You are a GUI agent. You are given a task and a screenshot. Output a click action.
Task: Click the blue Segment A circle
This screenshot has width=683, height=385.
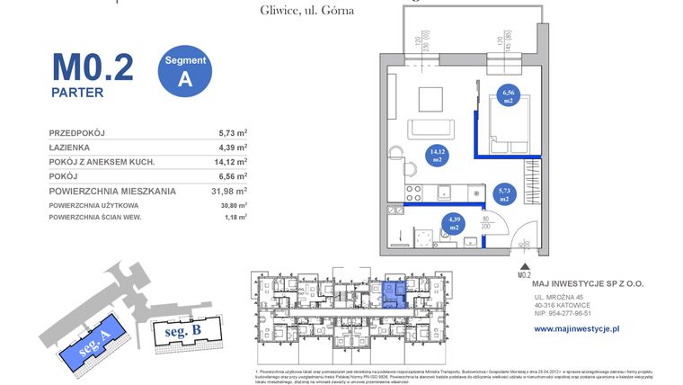pyautogui.click(x=185, y=69)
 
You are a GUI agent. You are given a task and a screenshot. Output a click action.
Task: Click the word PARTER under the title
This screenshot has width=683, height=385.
pyautogui.click(x=77, y=92)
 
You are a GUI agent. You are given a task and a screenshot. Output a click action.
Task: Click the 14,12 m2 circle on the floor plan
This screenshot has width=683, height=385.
pyautogui.click(x=439, y=156)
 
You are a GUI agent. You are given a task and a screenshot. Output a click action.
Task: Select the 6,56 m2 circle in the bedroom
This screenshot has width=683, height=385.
pyautogui.click(x=509, y=95)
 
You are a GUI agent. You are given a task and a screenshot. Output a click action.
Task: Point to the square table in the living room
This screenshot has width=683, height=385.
pyautogui.click(x=430, y=95)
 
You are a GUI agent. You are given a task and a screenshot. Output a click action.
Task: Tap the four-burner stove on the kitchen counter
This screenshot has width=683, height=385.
pyautogui.click(x=415, y=192)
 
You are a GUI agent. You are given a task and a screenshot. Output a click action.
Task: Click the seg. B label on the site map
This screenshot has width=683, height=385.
pyautogui.click(x=183, y=331)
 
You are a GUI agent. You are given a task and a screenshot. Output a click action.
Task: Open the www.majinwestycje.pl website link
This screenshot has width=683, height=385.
pyautogui.click(x=577, y=329)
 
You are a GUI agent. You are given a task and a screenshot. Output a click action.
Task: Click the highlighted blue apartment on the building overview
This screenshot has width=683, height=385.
pyautogui.click(x=393, y=295)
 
